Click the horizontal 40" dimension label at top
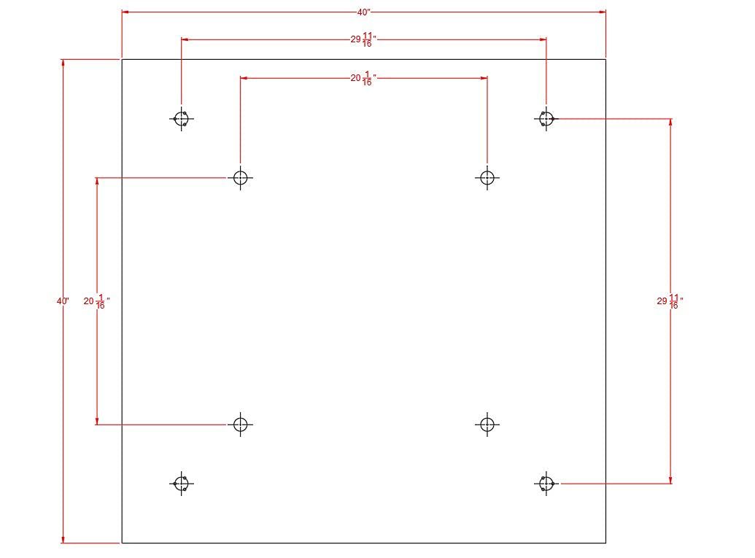363,12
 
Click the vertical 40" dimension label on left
63,301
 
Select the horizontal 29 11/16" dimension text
363,39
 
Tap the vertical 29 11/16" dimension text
670,301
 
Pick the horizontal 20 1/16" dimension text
363,79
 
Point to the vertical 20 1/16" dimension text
96,301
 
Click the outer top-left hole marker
182,118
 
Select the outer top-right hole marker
546,118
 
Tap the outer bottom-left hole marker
182,484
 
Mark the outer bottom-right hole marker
546,484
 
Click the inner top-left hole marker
240,178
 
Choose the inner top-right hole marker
487,178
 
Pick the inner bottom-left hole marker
240,425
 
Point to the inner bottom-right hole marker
487,425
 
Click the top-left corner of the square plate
122,60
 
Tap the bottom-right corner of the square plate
605,543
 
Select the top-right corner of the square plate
605,60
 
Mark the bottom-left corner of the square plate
122,543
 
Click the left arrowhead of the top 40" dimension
125,12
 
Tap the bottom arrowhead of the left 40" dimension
63,540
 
